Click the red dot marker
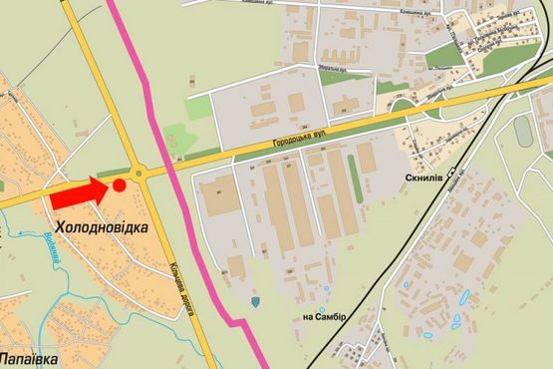click(x=120, y=184)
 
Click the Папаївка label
click(x=27, y=356)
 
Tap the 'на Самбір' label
click(x=324, y=317)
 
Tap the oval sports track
click(x=524, y=130)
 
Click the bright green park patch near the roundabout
click(x=176, y=137)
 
